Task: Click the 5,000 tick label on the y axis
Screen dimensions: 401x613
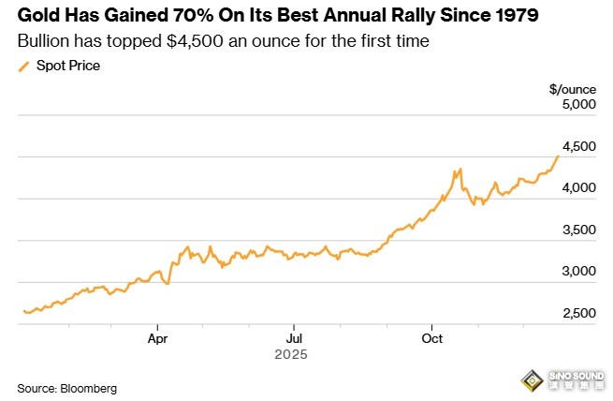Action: [577, 105]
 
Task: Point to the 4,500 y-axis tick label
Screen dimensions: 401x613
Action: [577, 146]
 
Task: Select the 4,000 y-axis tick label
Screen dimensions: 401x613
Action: [577, 188]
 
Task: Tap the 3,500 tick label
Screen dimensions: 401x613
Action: [577, 230]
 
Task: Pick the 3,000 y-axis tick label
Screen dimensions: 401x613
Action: [577, 272]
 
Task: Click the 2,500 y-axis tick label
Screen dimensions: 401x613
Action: [577, 313]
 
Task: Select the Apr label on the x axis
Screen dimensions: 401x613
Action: [157, 338]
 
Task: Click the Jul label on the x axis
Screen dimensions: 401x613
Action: [294, 338]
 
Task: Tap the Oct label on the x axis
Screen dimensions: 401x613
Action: [431, 338]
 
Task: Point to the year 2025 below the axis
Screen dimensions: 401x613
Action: [290, 356]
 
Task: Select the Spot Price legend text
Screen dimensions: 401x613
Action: [68, 66]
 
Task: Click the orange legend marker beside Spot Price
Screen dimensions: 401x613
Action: [23, 66]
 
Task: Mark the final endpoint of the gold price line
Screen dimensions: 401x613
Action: [559, 156]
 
